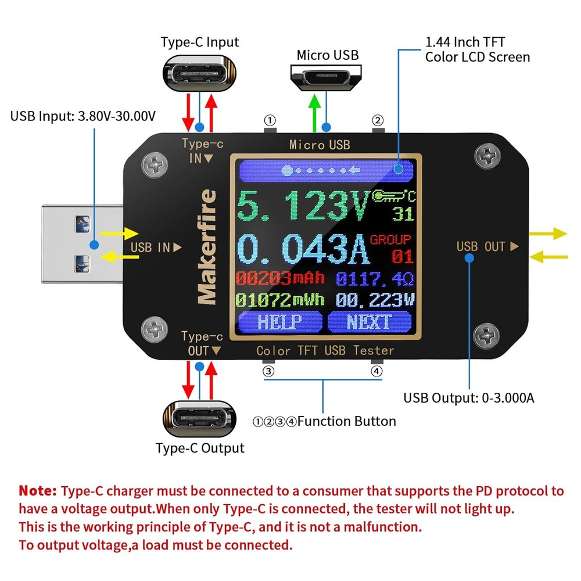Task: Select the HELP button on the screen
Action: [x=279, y=321]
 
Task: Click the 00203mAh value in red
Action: [x=279, y=278]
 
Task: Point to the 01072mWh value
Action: [x=279, y=300]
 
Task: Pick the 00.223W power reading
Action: [x=375, y=300]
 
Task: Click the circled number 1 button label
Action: [x=270, y=120]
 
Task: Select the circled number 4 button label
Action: [x=377, y=371]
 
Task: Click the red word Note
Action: [x=38, y=490]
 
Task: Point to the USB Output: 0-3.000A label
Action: [x=469, y=398]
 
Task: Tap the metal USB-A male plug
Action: [x=81, y=245]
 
